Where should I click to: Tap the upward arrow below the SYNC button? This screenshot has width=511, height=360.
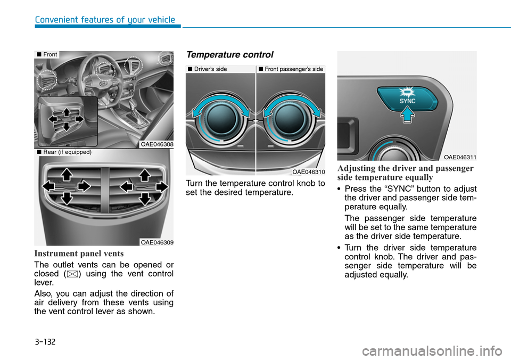pos(407,114)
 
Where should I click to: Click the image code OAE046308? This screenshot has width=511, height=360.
pos(157,144)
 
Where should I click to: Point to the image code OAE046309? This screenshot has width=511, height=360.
pos(157,242)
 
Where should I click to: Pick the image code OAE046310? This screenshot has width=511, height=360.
pos(308,171)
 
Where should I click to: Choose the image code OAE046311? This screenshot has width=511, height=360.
pos(460,157)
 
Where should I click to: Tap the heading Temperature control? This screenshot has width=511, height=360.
pos(229,55)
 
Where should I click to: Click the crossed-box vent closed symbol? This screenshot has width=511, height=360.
pos(78,274)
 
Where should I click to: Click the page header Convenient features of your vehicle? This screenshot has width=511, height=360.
pos(105,20)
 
